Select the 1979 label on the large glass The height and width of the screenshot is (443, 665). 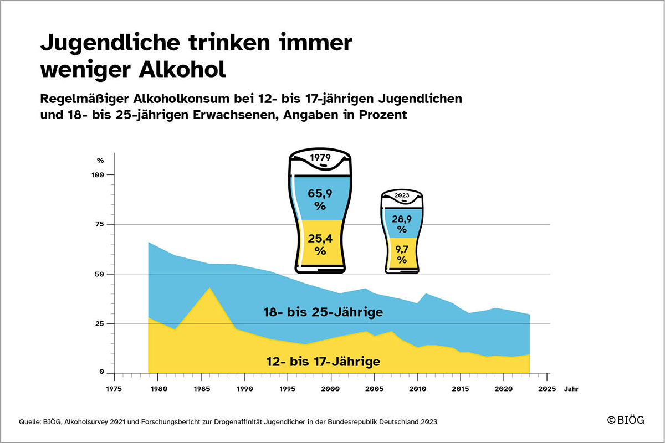click(320, 157)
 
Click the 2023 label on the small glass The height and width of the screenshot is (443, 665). click(402, 195)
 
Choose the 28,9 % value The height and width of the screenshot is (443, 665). click(402, 224)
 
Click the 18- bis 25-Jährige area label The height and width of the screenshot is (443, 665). click(323, 312)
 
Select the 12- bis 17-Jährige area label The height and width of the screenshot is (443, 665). click(323, 362)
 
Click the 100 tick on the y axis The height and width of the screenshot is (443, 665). click(98, 175)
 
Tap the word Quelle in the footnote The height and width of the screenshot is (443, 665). click(30, 421)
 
